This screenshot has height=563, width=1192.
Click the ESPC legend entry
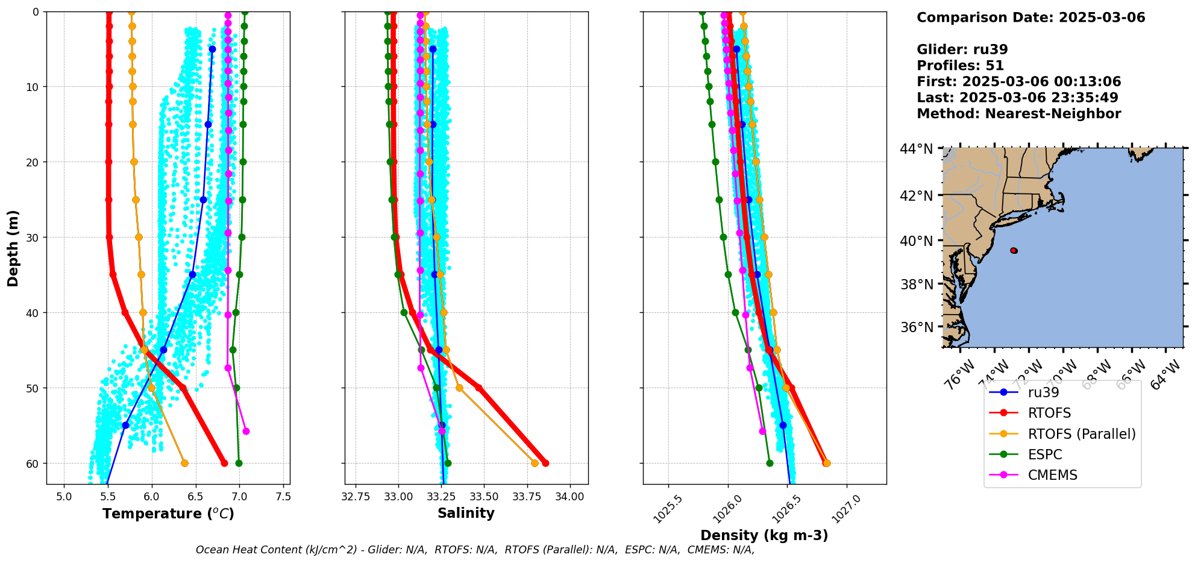1045,454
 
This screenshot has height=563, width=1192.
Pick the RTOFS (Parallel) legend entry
1082,434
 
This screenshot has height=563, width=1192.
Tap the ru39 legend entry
1043,392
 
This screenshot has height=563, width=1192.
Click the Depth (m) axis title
13,248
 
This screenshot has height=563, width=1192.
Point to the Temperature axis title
168,514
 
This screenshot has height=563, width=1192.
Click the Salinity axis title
466,514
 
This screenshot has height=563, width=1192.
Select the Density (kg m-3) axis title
764,535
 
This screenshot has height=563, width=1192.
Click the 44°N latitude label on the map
916,149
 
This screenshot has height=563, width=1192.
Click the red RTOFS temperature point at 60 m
224,463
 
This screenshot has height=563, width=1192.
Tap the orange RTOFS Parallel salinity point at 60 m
535,463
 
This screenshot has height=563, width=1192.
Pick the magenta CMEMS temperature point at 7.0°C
246,431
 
